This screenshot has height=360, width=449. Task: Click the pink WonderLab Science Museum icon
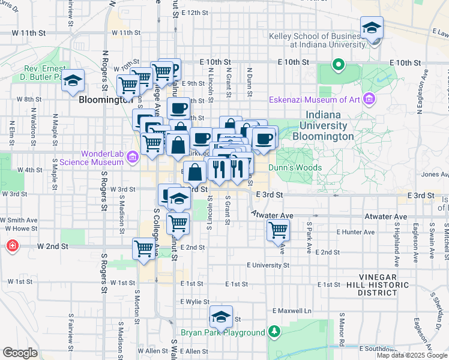(x=133, y=157)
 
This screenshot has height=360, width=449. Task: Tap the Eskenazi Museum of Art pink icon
(x=369, y=98)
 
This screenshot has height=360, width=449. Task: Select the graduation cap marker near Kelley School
(x=372, y=28)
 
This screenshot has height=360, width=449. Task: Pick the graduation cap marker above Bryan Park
(x=221, y=317)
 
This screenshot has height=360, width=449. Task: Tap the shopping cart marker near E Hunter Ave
(x=278, y=229)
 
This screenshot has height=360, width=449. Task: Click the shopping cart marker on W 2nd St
(x=144, y=248)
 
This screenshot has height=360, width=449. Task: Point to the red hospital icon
(x=12, y=246)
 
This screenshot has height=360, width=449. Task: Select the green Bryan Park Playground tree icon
(x=274, y=332)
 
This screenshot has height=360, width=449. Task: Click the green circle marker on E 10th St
(x=339, y=64)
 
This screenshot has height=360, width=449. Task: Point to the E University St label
(x=268, y=265)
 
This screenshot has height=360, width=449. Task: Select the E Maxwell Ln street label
(x=292, y=311)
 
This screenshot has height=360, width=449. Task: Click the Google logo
(x=20, y=353)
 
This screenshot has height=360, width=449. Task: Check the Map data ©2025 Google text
(x=412, y=355)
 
